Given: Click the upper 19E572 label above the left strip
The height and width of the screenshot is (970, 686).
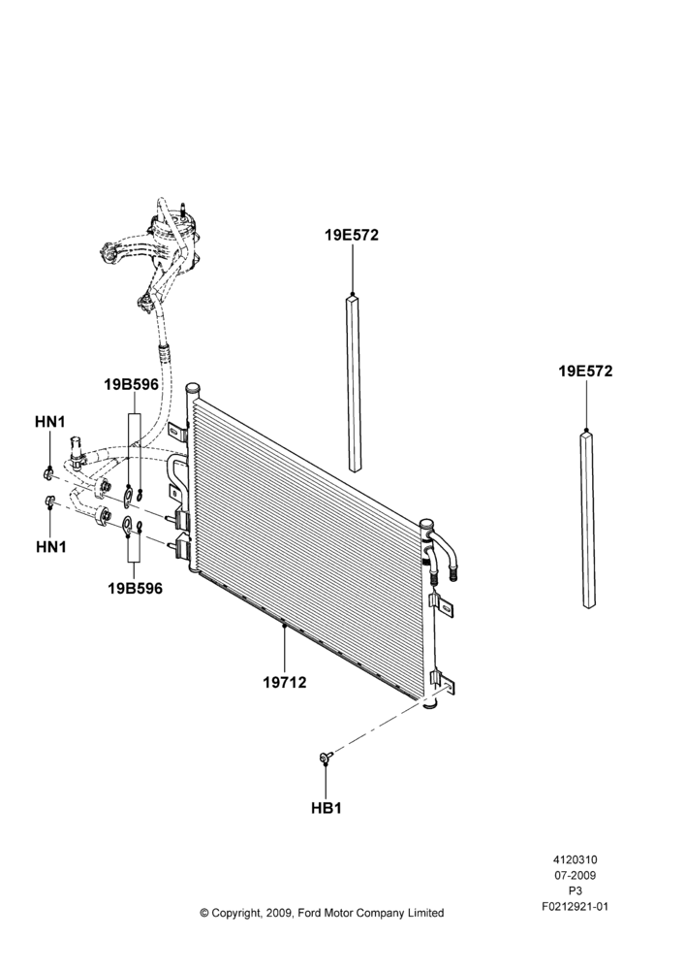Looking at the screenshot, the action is click(x=352, y=235).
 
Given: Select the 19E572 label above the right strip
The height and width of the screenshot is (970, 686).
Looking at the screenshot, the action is click(x=585, y=372).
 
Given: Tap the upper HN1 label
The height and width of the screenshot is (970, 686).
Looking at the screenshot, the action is click(x=50, y=422).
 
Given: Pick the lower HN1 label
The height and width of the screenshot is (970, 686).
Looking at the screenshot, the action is click(x=50, y=547).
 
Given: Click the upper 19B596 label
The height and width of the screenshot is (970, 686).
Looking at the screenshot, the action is click(x=131, y=385).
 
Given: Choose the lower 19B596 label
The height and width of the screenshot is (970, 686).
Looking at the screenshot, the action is click(x=136, y=589).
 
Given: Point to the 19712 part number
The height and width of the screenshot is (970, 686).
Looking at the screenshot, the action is click(x=284, y=682).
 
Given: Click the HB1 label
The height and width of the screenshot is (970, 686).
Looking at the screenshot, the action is click(x=327, y=808).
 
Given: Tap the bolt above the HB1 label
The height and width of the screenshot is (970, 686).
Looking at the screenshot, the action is click(x=326, y=757).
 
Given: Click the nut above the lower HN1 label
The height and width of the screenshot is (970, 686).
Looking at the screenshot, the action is click(x=50, y=501).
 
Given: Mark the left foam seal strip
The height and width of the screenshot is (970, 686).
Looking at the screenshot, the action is click(x=353, y=383).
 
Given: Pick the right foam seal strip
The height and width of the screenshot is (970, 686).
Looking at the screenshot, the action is click(x=588, y=520).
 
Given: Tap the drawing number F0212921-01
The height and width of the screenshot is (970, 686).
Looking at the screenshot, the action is click(x=575, y=907).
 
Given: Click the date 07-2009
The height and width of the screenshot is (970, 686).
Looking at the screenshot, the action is click(x=575, y=875).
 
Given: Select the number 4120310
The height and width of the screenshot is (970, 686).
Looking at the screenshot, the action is click(x=575, y=859).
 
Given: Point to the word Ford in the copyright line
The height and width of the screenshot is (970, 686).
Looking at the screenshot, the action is click(x=310, y=913).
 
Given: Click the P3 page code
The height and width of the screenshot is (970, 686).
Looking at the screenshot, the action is click(x=575, y=891).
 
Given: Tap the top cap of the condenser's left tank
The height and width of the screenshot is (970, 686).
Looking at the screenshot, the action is click(x=194, y=389).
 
